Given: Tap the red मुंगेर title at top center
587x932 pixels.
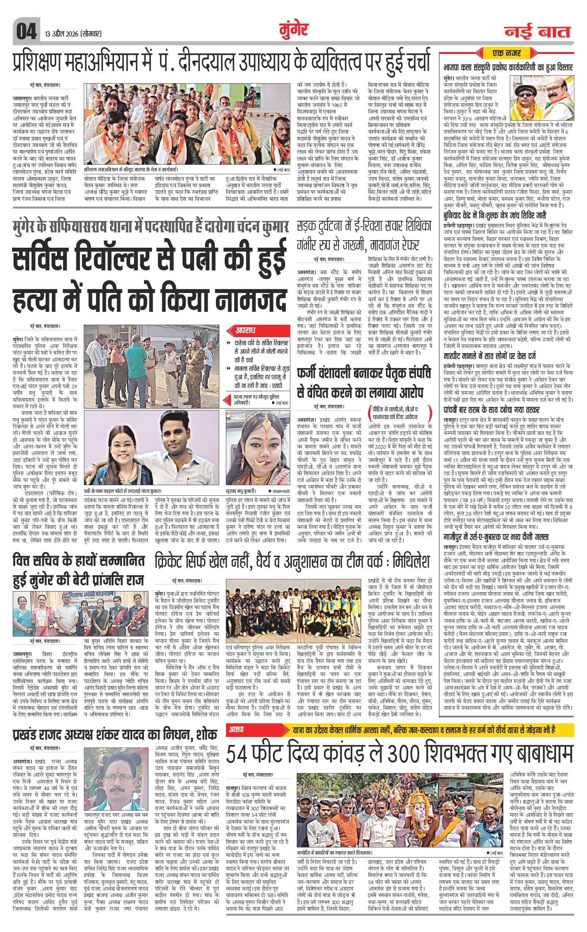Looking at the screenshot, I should pos(293,30).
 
